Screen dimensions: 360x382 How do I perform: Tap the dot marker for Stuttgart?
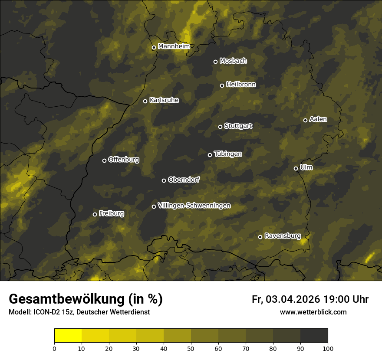point(220,127)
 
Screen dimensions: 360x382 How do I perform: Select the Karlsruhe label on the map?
point(164,100)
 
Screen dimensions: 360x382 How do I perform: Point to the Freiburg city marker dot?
point(95,214)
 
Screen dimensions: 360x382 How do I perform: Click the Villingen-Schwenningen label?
point(194,206)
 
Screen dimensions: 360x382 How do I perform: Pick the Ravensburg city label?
point(282,236)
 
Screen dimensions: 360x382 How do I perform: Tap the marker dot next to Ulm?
point(296,168)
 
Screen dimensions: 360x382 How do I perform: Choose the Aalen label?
point(318,119)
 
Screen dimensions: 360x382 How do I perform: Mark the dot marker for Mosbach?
point(215,62)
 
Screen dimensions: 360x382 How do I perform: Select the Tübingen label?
point(227,154)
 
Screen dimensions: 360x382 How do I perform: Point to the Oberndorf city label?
point(184,180)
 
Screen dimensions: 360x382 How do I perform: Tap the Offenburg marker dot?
point(104,160)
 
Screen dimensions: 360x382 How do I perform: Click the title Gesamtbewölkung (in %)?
point(86,299)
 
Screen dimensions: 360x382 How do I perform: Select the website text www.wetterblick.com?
point(313,312)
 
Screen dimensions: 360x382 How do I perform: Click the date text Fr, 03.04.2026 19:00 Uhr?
point(310,299)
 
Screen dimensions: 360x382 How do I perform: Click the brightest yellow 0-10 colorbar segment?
point(68,336)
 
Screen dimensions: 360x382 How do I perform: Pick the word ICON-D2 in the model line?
point(47,312)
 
